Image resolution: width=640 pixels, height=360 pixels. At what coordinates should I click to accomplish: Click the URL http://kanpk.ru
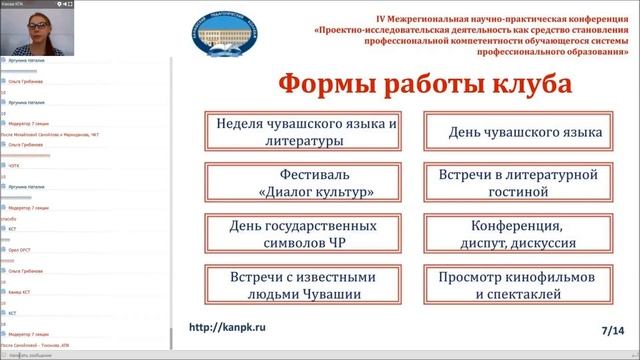click(x=236, y=326)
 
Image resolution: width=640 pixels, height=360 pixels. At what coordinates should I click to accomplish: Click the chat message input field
click(x=85, y=355)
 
